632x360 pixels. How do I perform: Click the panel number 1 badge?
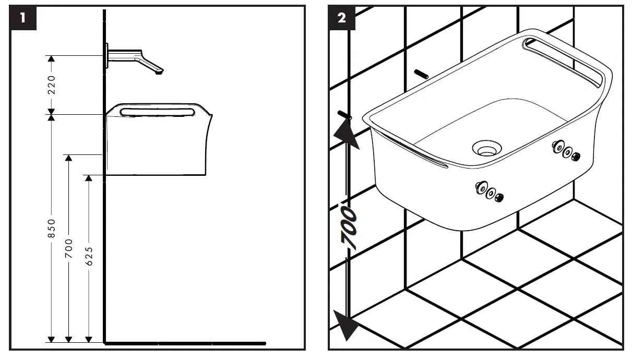[22, 18]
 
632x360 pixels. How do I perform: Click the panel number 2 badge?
[342, 18]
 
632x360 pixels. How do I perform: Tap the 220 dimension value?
[51, 85]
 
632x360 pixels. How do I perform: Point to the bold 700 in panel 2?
[349, 227]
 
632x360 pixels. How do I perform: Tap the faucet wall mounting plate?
[107, 56]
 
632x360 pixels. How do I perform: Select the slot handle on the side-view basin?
[157, 112]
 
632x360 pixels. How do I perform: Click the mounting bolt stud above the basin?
[421, 74]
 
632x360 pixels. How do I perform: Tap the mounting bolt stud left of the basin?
[344, 114]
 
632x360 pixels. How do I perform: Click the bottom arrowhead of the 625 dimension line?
[89, 339]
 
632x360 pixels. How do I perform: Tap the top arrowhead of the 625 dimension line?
[89, 178]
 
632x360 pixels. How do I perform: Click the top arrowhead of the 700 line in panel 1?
[69, 158]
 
